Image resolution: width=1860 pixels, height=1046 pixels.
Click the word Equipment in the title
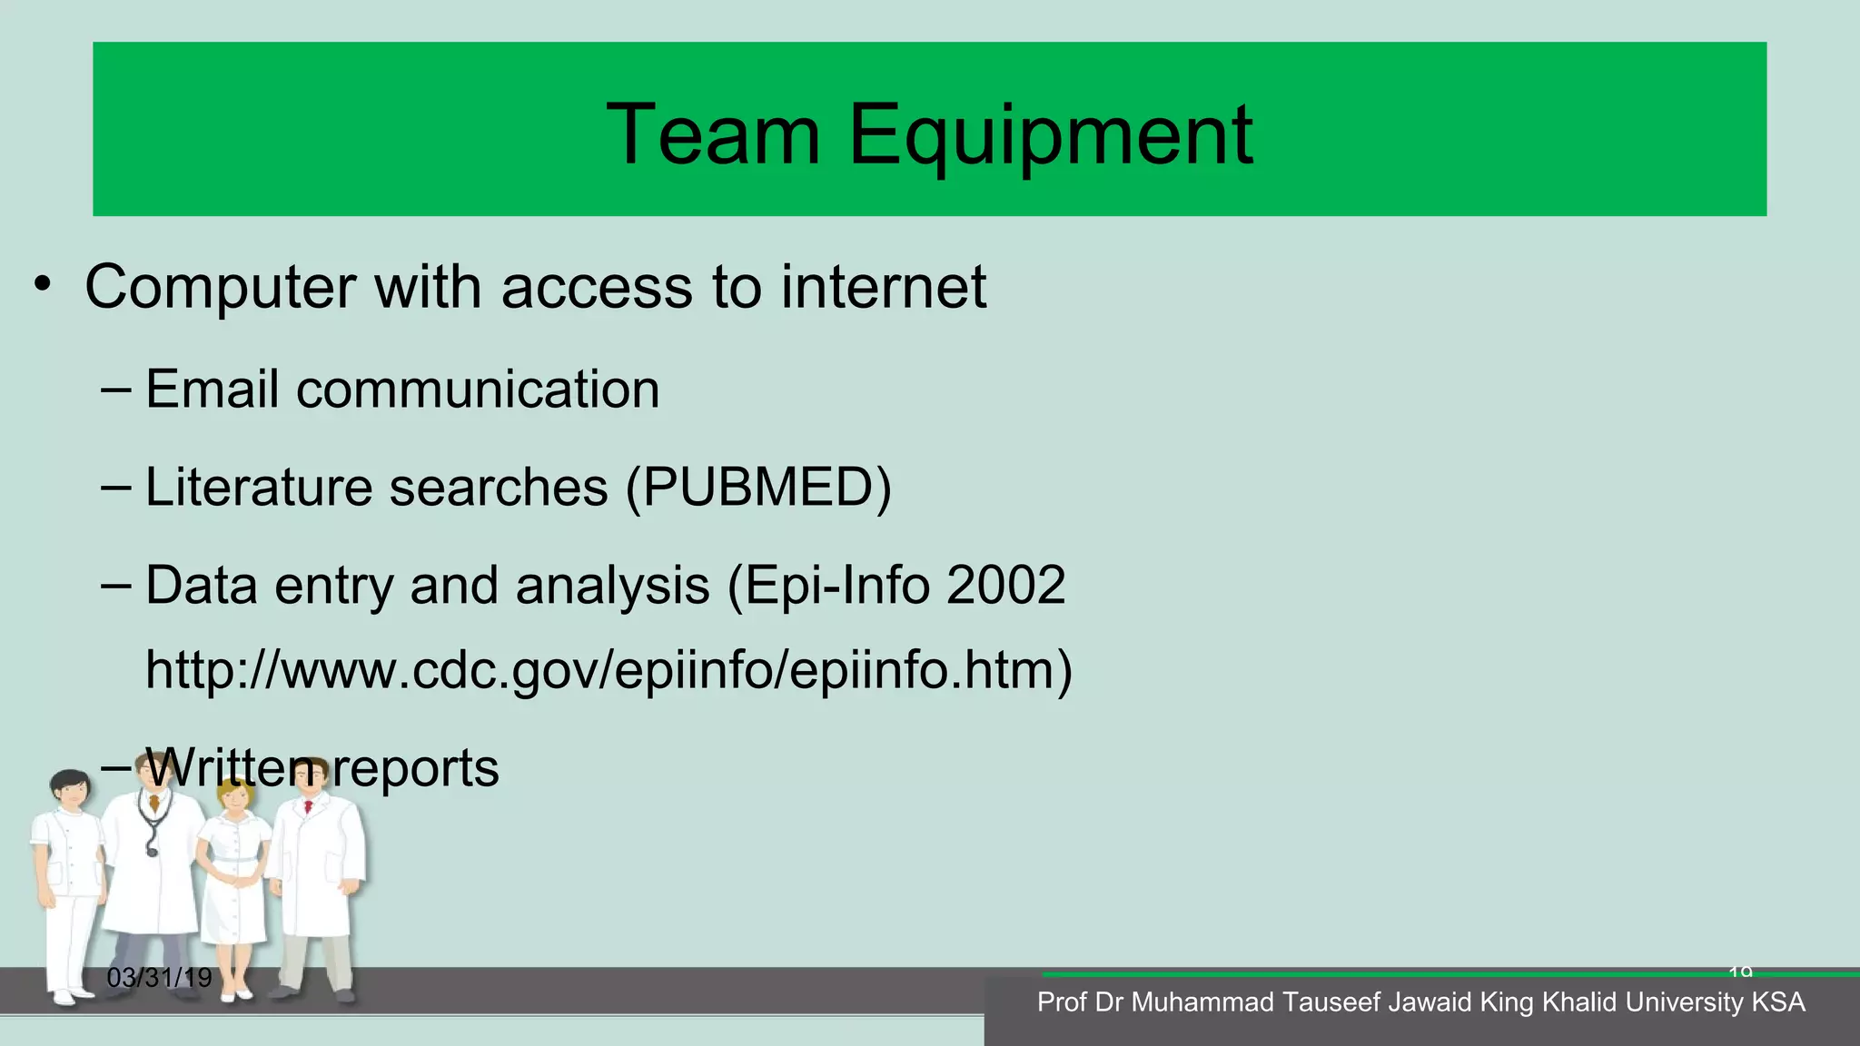point(1050,136)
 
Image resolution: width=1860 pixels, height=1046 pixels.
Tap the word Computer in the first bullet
point(220,287)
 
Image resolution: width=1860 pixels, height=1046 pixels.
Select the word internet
point(883,287)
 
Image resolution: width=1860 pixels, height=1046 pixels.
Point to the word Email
point(212,390)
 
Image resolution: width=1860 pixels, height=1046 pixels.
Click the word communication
point(478,390)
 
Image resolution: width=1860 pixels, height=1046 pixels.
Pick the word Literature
point(258,487)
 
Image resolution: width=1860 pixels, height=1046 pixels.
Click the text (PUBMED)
point(758,488)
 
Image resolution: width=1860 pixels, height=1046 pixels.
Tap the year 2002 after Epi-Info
point(1005,585)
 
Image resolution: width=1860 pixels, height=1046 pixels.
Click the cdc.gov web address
point(608,670)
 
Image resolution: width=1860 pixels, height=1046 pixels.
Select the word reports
point(415,768)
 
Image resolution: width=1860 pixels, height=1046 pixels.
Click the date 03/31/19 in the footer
point(159,978)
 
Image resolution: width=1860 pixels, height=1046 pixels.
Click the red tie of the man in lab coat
point(309,805)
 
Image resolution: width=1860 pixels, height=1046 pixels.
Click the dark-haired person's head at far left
point(69,789)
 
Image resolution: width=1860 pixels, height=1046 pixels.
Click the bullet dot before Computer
point(43,287)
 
